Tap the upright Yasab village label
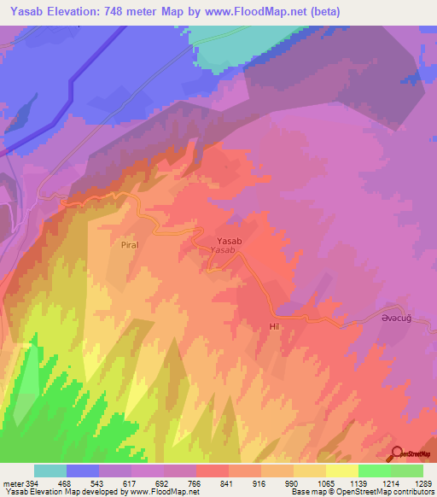[x=230, y=242]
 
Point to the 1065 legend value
[x=325, y=483]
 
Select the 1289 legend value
[x=422, y=483]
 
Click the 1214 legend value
[x=390, y=483]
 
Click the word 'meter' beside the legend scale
[x=13, y=483]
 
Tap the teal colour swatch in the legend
[x=50, y=471]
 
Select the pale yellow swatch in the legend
[x=341, y=471]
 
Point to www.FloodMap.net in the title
[x=281, y=12]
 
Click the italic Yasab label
[x=223, y=252]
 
